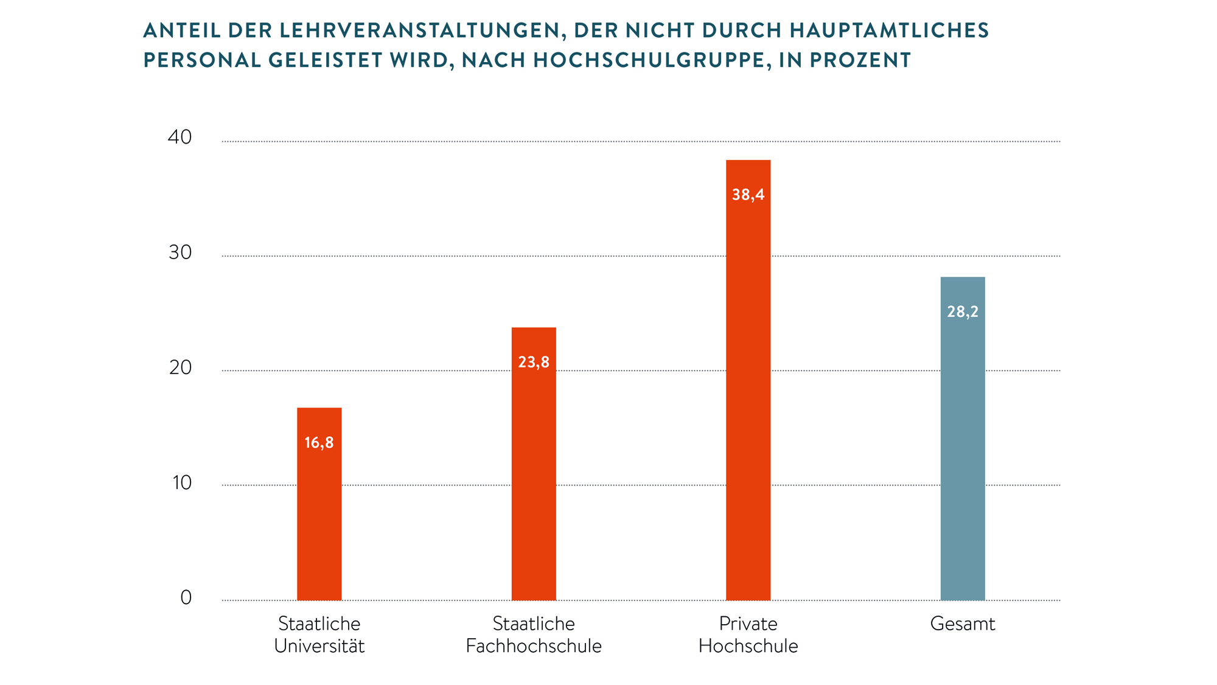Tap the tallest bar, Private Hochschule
coord(748,395)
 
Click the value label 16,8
coord(319,443)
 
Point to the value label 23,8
coord(534,363)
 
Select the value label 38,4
coord(748,195)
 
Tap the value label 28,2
coord(963,312)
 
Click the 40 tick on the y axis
coord(180,137)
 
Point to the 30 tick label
coord(180,252)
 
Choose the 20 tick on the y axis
coord(180,367)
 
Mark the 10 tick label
coord(181,482)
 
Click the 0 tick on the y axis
coord(186,597)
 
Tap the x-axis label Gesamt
coord(963,624)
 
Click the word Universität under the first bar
coord(319,646)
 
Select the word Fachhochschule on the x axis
coord(534,646)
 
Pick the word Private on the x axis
coord(748,624)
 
